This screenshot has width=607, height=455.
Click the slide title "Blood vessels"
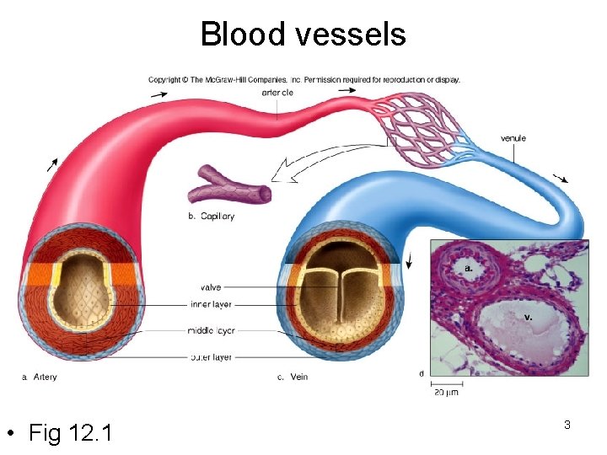click(303, 35)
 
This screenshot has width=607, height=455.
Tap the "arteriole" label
click(277, 93)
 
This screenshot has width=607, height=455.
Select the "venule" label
click(513, 138)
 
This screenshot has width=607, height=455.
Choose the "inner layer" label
click(211, 304)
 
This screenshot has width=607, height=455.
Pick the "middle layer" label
click(211, 331)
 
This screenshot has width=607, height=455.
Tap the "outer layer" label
click(211, 357)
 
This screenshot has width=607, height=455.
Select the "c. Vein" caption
click(293, 377)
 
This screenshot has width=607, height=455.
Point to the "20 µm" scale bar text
click(447, 392)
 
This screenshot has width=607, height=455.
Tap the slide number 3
click(567, 425)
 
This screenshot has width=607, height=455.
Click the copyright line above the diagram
click(303, 80)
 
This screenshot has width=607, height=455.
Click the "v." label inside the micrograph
click(528, 317)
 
